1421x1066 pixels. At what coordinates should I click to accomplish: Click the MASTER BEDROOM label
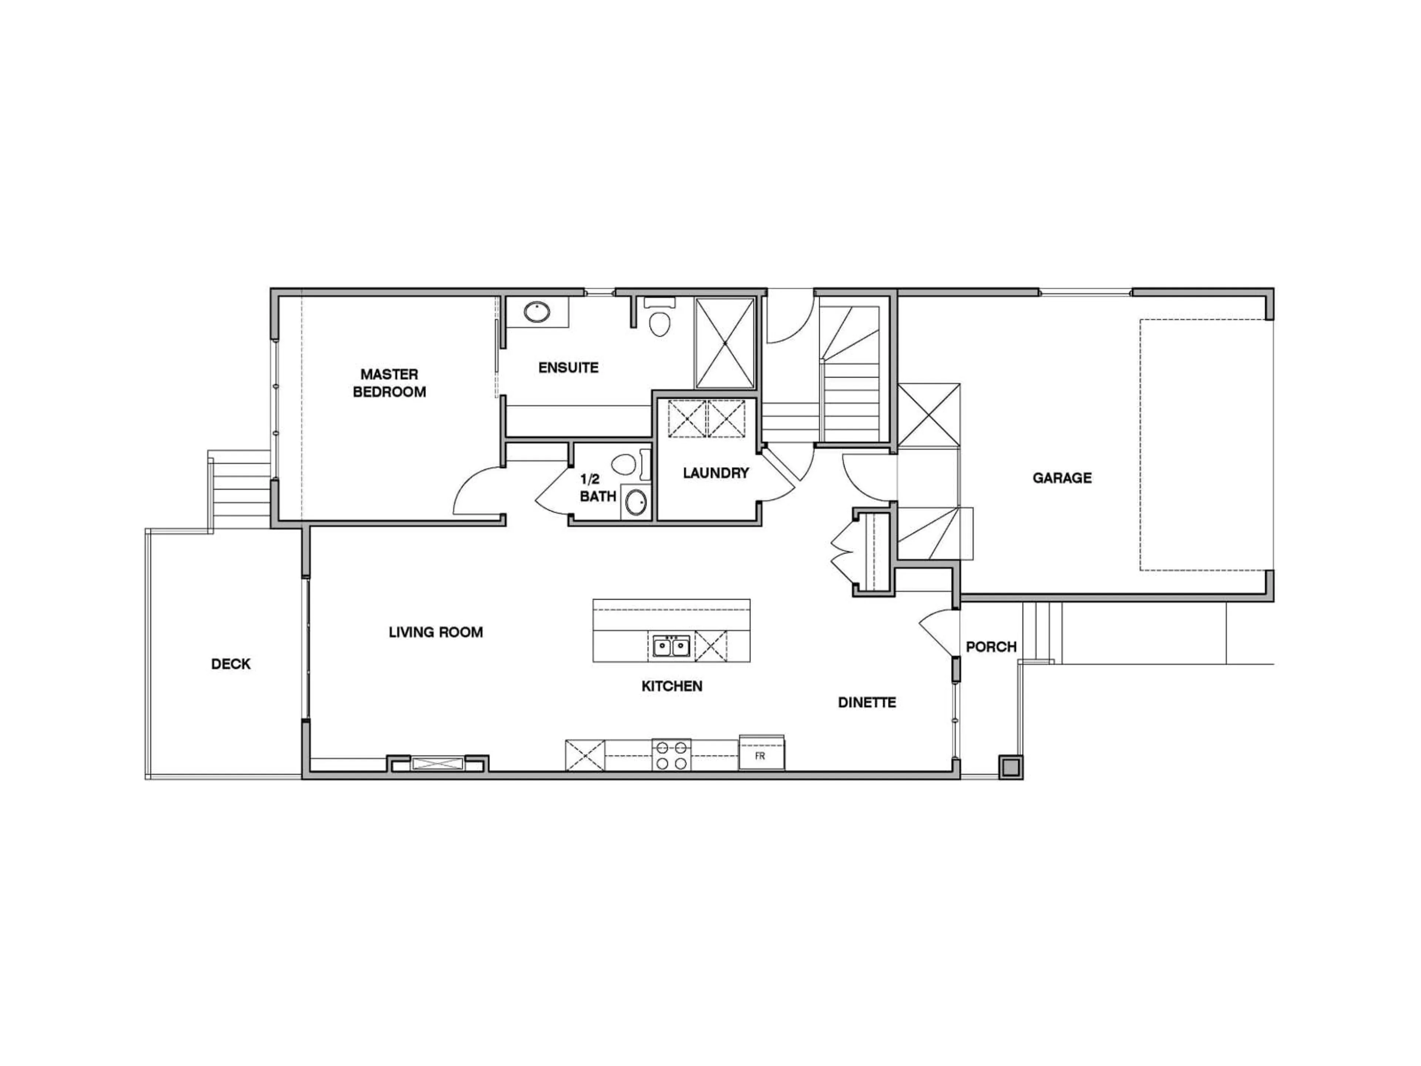coord(389,383)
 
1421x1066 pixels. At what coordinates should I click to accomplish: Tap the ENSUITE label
coord(568,368)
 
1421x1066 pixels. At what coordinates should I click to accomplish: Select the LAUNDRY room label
coord(716,473)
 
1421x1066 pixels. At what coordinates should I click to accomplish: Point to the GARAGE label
coord(1062,477)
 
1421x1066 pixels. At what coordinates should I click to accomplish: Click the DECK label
coord(231,664)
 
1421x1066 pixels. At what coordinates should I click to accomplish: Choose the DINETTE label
coord(867,702)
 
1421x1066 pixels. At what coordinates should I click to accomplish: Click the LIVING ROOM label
coord(436,632)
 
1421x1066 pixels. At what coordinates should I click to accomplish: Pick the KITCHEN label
coord(672,686)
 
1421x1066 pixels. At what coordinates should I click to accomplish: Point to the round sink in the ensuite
coord(537,312)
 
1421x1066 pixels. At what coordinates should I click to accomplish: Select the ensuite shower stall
coord(725,343)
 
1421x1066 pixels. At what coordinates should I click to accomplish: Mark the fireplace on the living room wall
coord(437,763)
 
